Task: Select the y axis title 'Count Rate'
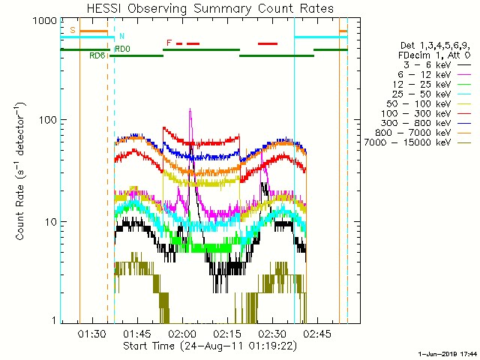[21, 173]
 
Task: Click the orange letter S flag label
[72, 30]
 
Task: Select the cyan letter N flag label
[121, 36]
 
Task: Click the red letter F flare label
[169, 42]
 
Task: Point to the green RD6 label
[97, 55]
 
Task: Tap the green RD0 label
[122, 49]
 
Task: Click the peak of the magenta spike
[190, 109]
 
